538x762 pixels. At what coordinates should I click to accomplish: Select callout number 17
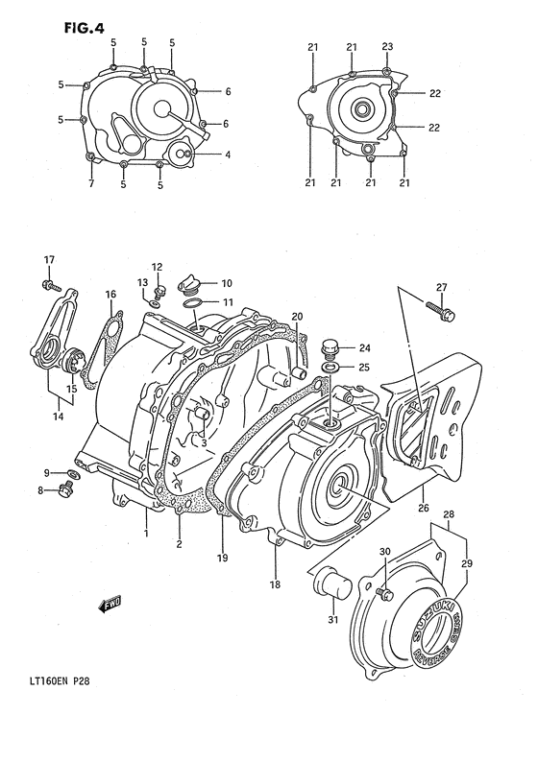[x=48, y=260]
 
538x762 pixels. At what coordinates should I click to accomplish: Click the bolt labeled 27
[x=445, y=313]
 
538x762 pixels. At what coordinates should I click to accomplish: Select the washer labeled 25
[x=330, y=367]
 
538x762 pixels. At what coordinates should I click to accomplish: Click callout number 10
[x=227, y=283]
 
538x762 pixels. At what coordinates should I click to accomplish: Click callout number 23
[x=387, y=46]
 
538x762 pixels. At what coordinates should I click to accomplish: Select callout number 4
[x=228, y=155]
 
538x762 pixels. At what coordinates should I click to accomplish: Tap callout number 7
[x=90, y=182]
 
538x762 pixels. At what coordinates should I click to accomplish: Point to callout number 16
[x=110, y=294]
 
